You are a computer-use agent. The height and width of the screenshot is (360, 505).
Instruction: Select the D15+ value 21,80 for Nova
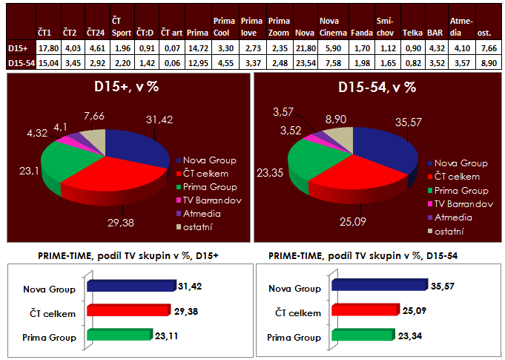point(304,48)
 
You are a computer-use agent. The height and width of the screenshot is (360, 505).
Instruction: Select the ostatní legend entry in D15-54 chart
point(460,232)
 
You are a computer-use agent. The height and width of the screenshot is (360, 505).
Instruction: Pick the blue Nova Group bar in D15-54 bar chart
point(378,284)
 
